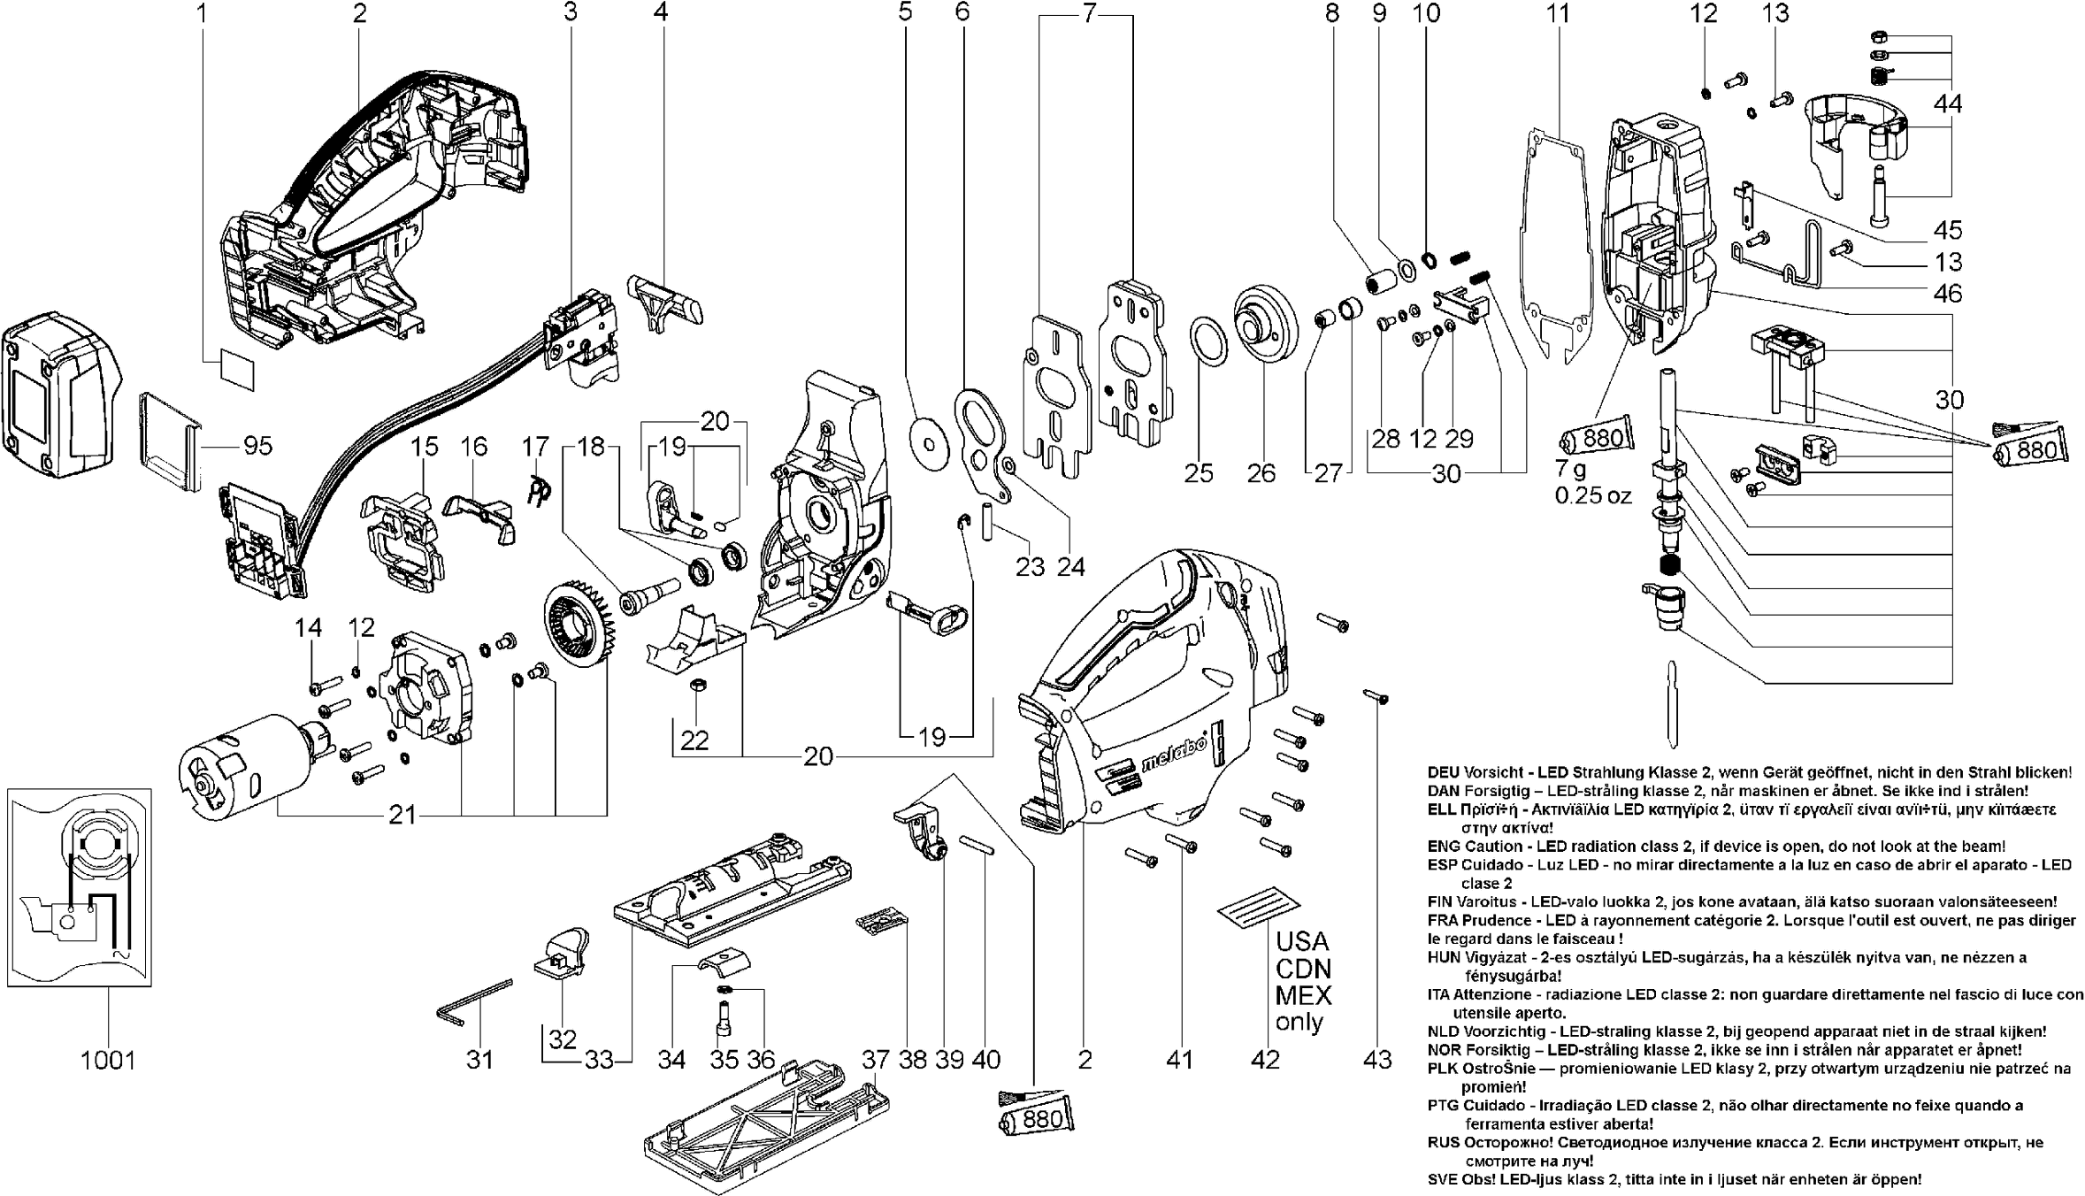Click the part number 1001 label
click(108, 1060)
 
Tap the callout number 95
click(257, 446)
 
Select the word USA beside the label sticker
click(1302, 940)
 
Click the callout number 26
click(1261, 473)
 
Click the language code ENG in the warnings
click(1443, 847)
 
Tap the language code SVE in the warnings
click(1443, 1179)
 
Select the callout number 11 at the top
click(1558, 13)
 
